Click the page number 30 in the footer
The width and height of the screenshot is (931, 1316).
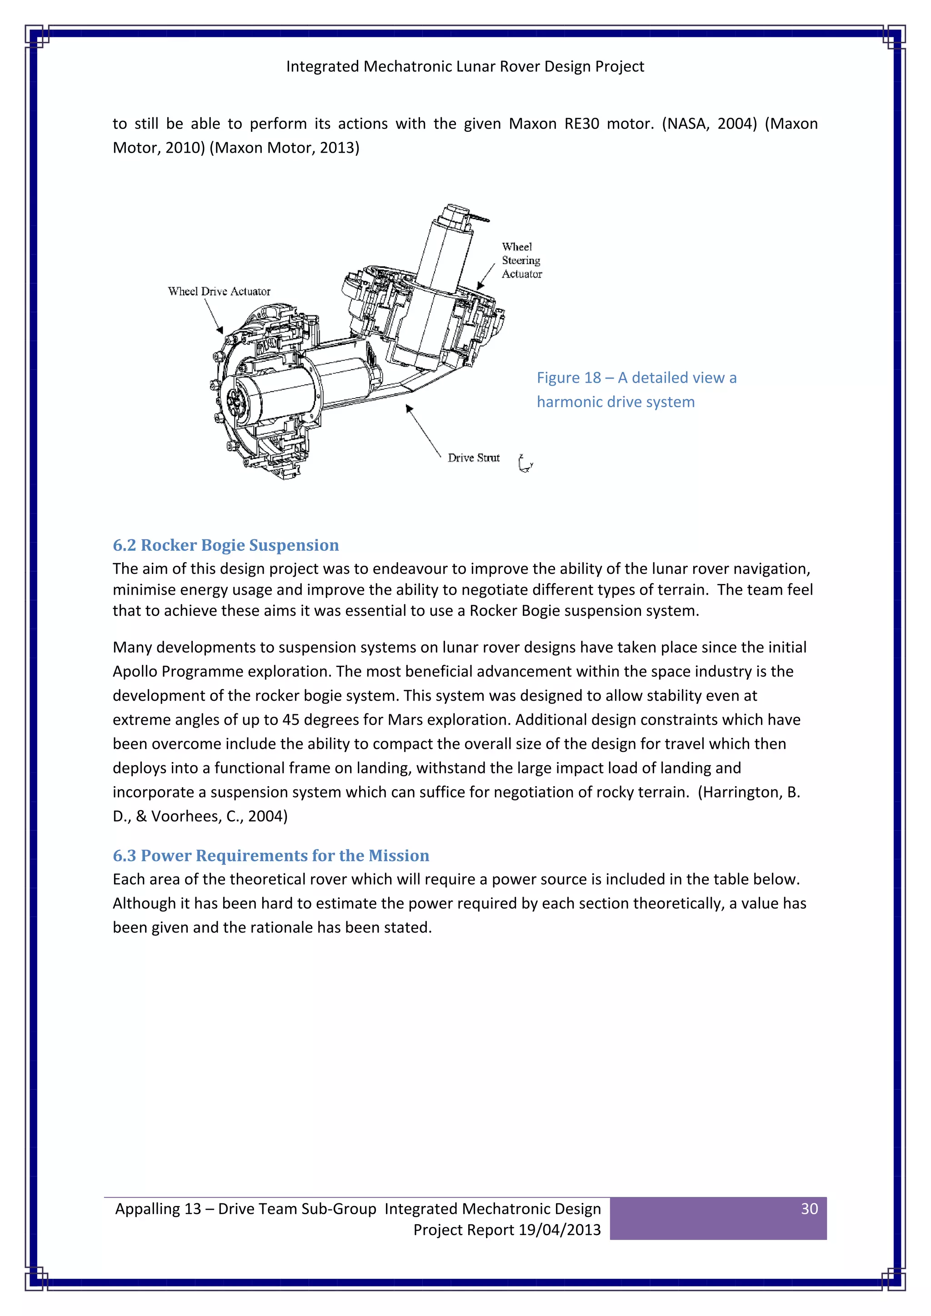808,1208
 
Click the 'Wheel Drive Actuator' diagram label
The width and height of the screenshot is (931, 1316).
219,291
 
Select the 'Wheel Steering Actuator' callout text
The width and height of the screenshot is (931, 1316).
521,260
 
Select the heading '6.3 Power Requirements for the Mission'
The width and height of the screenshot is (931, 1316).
270,855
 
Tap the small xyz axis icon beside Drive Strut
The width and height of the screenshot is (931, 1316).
525,463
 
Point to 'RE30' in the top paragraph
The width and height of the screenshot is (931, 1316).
581,124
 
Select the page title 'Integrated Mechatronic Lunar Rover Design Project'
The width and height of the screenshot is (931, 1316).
465,66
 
